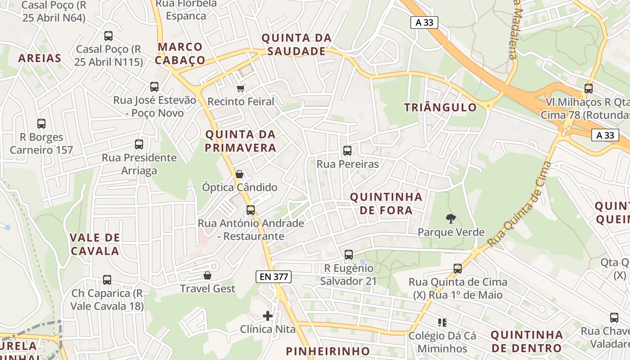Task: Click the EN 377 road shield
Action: pos(274,277)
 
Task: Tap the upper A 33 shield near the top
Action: pos(424,22)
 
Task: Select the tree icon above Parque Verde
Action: pos(450,219)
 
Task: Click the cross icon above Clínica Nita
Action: pos(268,316)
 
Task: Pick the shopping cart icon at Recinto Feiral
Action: pos(241,88)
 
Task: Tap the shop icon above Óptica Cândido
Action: pos(239,174)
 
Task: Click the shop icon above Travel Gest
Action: pos(207,275)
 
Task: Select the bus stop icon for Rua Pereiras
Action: pos(347,151)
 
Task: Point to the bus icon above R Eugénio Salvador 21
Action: pos(348,255)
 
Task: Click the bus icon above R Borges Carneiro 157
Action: pos(41,124)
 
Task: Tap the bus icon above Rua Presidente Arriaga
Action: pos(139,144)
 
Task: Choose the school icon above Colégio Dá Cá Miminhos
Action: pos(442,323)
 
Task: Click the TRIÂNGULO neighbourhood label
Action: pos(440,108)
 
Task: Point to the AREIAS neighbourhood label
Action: pos(40,58)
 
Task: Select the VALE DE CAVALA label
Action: pos(95,244)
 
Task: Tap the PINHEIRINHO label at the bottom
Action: pos(328,351)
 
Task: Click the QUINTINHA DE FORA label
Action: pos(386,203)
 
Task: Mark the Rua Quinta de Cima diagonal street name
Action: pos(520,205)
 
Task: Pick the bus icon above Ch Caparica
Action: pos(107,280)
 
